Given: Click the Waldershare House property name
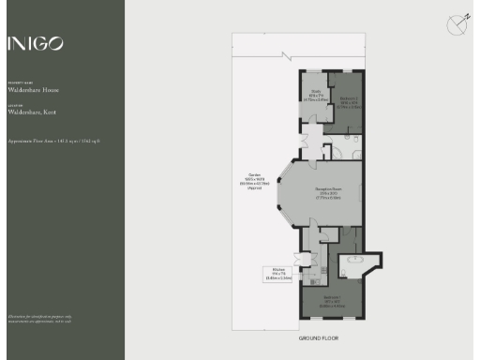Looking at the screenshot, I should tap(33, 90).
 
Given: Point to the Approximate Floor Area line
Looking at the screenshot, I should tap(53, 141).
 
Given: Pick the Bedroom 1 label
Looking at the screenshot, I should tap(335, 302).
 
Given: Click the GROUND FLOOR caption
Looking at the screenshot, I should tap(318, 337).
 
